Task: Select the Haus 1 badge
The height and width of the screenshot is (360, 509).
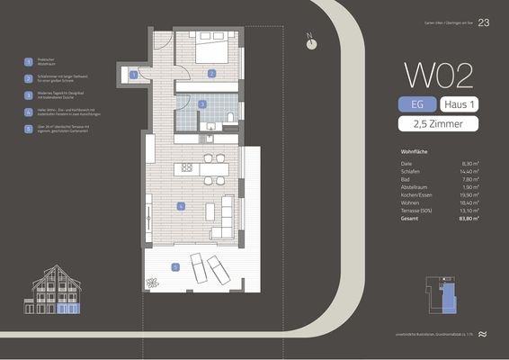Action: pos(460,105)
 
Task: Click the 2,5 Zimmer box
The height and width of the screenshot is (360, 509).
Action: pos(439,125)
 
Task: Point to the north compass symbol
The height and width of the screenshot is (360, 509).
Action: pos(311,40)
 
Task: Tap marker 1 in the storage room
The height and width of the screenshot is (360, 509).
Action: pos(134,75)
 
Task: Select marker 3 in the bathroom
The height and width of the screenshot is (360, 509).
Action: pos(203,104)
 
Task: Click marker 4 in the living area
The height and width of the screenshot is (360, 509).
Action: pos(181,206)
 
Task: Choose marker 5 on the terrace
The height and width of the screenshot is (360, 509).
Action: pos(175,265)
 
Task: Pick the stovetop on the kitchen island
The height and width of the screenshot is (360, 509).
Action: pos(187,167)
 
